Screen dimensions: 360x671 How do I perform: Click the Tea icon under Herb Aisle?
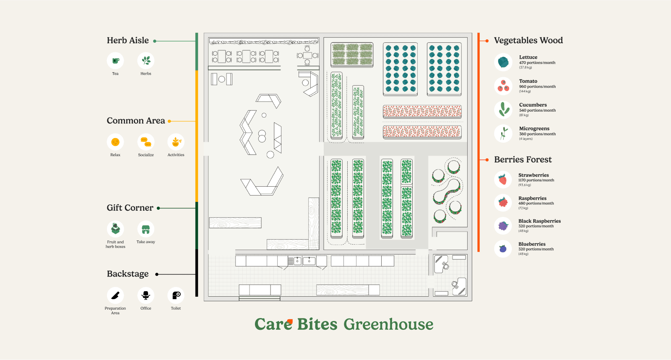tap(115, 61)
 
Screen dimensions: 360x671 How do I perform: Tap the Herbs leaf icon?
tap(146, 61)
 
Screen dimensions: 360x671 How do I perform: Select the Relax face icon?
tap(115, 142)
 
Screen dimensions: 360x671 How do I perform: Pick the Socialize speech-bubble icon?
tap(146, 142)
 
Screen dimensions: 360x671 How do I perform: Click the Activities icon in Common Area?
tap(176, 142)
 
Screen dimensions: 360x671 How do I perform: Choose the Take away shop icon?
tap(146, 229)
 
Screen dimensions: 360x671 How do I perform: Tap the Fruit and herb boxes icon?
tap(115, 229)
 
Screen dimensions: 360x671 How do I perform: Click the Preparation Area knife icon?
tap(115, 295)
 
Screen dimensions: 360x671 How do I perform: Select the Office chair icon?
tap(146, 295)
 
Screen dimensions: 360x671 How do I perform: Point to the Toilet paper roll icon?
tap(176, 295)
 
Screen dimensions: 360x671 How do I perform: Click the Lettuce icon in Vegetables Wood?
tap(503, 62)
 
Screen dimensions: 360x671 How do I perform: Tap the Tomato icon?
tap(503, 86)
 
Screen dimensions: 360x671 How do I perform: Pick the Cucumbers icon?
tap(503, 110)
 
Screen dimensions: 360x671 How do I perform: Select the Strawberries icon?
tap(503, 180)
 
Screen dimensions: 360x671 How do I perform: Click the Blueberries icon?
tap(503, 249)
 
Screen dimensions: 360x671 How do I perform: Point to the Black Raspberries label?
tap(539, 221)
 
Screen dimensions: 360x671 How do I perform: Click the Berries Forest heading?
tap(523, 159)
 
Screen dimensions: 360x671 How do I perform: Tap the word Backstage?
tap(128, 274)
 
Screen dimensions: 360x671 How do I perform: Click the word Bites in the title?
tap(317, 324)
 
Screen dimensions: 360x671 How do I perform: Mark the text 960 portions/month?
tap(537, 86)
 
